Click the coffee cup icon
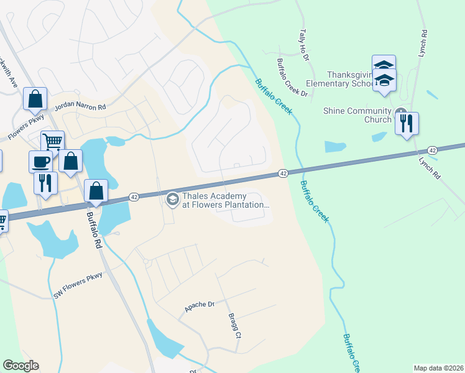click(42, 161)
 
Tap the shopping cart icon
click(53, 141)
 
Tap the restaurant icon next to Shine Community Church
click(407, 122)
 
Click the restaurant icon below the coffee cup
click(45, 183)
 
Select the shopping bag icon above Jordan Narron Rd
click(35, 98)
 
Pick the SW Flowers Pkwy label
click(77, 285)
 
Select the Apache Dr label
click(199, 305)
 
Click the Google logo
click(21, 366)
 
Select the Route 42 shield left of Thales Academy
click(134, 196)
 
